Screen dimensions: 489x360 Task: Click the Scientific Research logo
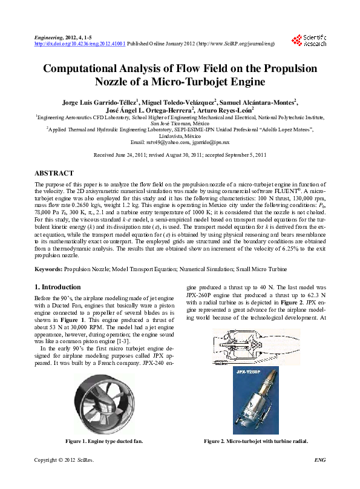click(309, 41)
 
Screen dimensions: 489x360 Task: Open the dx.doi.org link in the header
click(80, 44)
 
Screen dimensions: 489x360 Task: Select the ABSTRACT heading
click(54, 173)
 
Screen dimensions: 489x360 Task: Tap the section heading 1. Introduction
click(57, 287)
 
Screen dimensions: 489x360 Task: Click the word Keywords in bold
click(49, 268)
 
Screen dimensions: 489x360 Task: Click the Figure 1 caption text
click(104, 442)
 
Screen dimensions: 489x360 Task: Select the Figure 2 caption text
click(256, 442)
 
